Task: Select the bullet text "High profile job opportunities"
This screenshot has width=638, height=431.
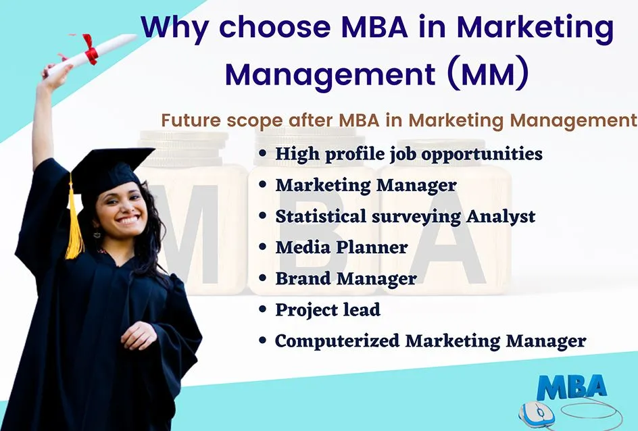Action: click(409, 154)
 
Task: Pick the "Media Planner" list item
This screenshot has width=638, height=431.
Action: click(341, 247)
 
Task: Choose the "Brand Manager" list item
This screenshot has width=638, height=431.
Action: click(345, 278)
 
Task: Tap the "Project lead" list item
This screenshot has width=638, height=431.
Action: click(328, 310)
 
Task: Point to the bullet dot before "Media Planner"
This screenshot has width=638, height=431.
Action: click(262, 248)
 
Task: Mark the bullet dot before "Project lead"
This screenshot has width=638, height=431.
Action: click(262, 311)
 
